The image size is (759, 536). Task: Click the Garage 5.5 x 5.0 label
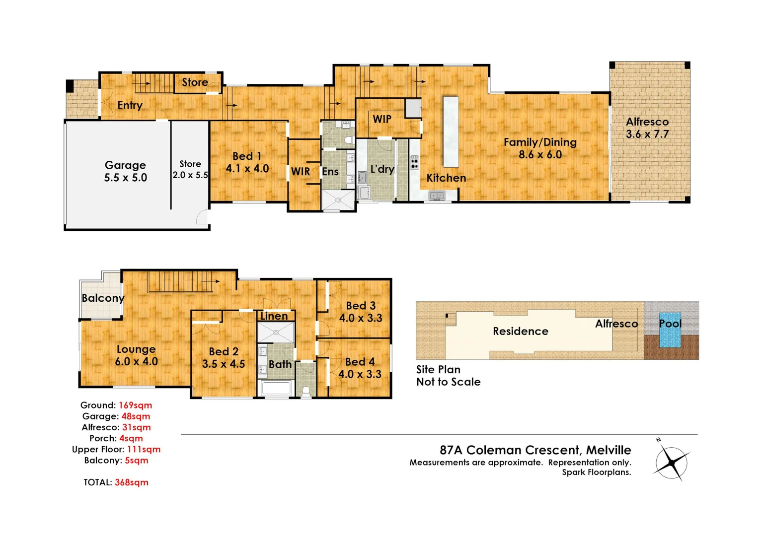(x=125, y=171)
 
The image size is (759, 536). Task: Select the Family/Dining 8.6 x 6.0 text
(x=540, y=148)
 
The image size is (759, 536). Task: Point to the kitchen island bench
(x=451, y=132)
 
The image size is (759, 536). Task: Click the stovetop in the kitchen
(x=414, y=162)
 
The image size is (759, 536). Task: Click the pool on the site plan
(x=670, y=330)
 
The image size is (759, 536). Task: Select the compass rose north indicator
(x=671, y=462)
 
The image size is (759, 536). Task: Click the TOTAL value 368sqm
(x=131, y=482)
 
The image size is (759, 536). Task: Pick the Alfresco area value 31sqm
(x=136, y=427)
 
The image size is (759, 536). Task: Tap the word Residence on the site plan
(x=520, y=331)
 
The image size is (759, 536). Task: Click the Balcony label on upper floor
(x=103, y=298)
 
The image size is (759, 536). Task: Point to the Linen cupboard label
(x=274, y=316)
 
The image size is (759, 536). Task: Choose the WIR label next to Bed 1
(x=301, y=171)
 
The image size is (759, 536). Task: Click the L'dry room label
(x=382, y=169)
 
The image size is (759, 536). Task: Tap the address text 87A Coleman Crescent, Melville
(x=535, y=450)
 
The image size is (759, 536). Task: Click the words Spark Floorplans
(x=596, y=472)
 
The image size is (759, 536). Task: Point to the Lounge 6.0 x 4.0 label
(x=136, y=355)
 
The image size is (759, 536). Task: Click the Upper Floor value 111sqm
(x=144, y=450)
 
